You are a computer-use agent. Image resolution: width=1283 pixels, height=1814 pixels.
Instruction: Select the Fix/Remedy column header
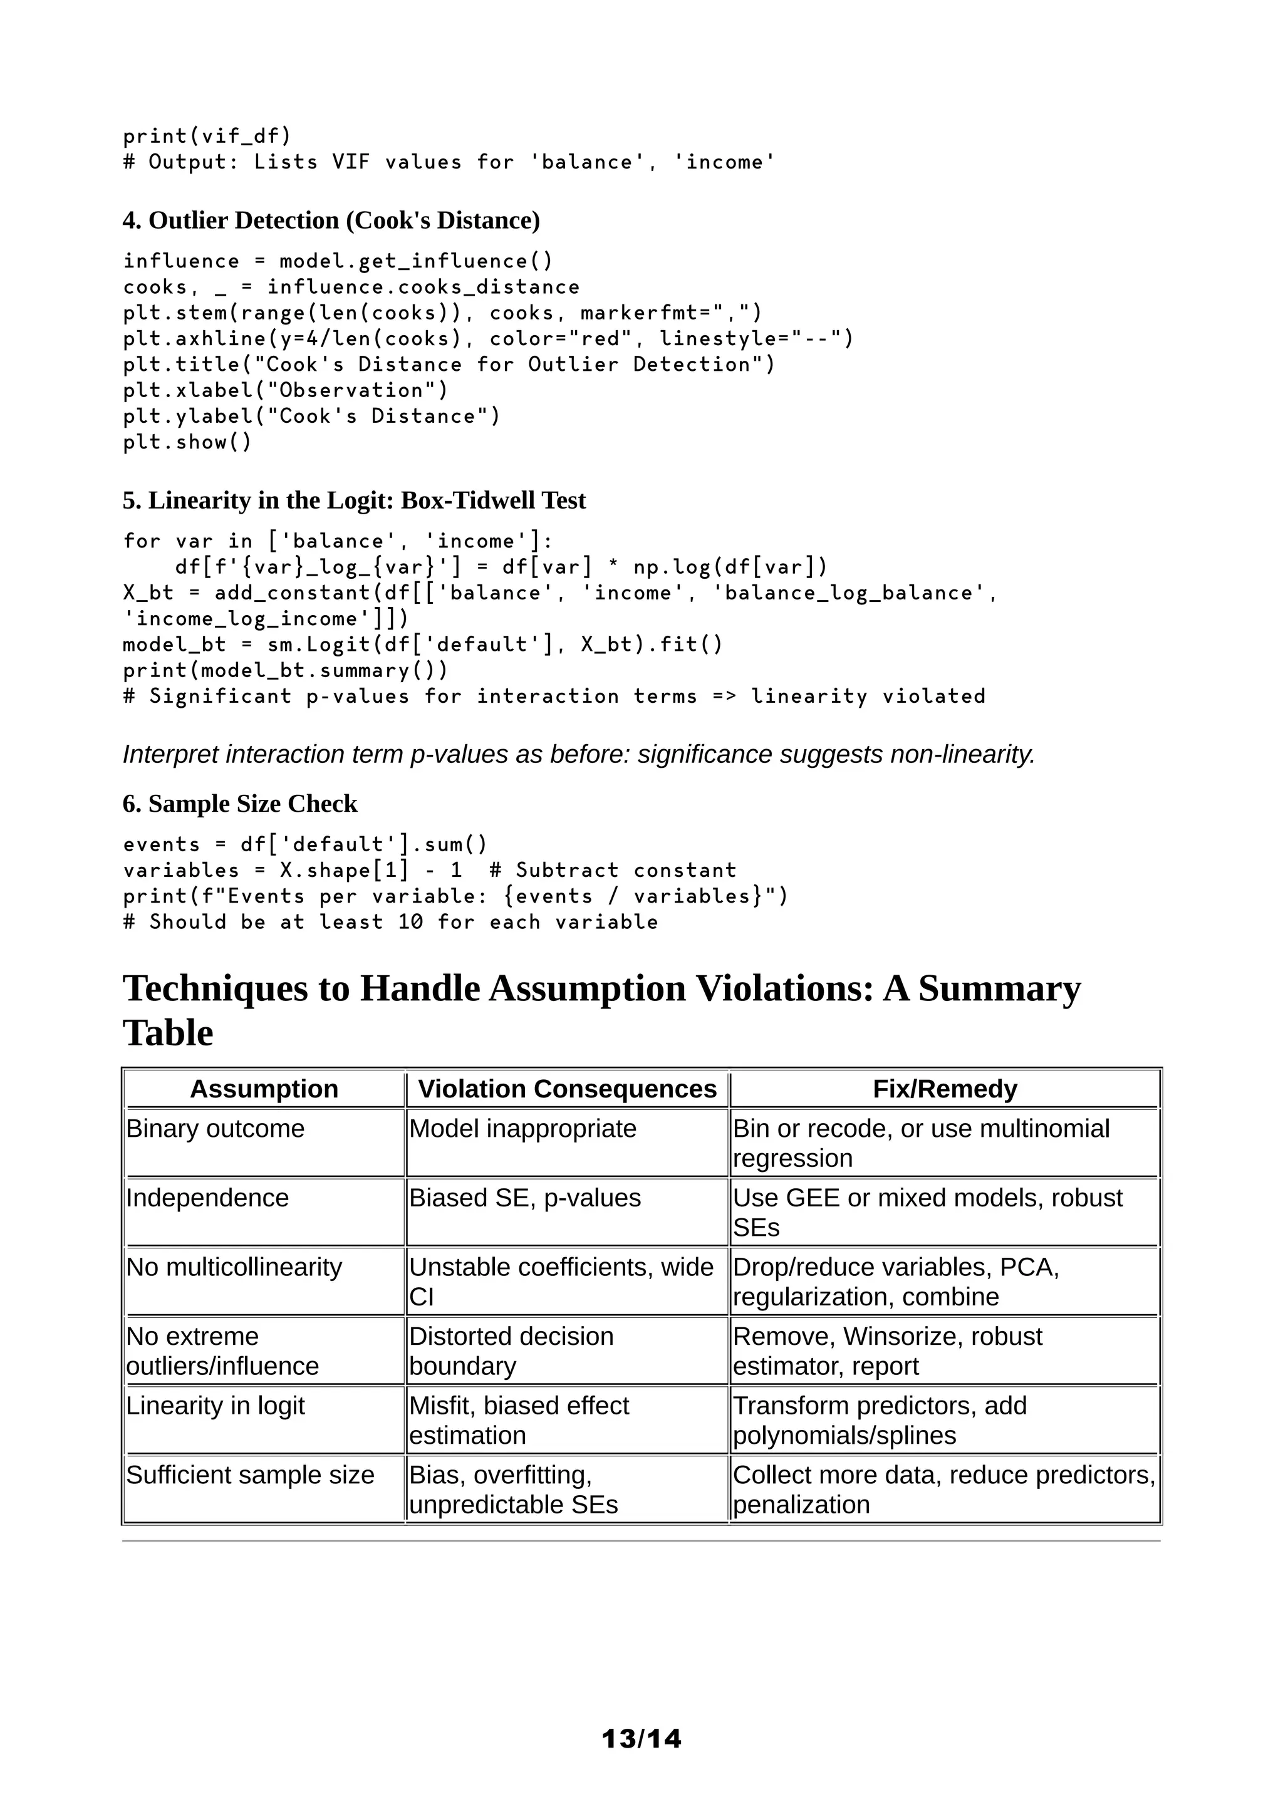tap(944, 1089)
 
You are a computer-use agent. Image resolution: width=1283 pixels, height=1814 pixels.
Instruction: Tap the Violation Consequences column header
tap(566, 1089)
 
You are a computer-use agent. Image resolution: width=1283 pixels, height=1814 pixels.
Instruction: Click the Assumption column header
tap(264, 1089)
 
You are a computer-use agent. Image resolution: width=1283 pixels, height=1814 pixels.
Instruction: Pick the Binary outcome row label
tap(215, 1128)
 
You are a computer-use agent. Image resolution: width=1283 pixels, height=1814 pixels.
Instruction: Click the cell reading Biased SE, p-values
tap(524, 1198)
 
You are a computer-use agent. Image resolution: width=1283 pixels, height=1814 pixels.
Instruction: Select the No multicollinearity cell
tap(234, 1267)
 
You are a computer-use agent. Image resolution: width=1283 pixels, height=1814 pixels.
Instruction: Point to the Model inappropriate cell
tap(522, 1128)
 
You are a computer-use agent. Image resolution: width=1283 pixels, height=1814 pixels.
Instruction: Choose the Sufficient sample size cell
tap(250, 1475)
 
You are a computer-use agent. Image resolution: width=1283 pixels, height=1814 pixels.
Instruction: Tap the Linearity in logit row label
tap(215, 1406)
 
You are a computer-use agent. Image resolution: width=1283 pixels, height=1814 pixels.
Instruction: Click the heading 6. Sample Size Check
tap(239, 804)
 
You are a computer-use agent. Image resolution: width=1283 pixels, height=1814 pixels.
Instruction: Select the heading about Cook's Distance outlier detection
tap(331, 220)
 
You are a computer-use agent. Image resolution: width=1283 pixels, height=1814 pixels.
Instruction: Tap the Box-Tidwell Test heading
tap(354, 500)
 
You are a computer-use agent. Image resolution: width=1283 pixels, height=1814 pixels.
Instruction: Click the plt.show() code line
tap(187, 442)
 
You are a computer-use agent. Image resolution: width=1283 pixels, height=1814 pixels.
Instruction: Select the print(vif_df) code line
tap(207, 136)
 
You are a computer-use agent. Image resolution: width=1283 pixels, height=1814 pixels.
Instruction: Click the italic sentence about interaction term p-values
tap(578, 755)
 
